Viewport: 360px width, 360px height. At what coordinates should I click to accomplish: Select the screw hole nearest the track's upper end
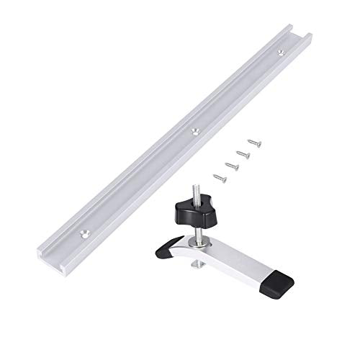click(278, 53)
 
